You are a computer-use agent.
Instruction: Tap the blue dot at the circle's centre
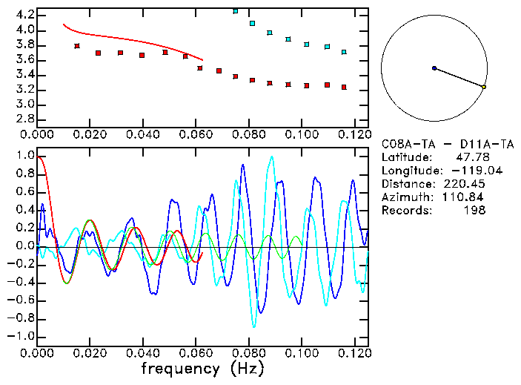(434, 68)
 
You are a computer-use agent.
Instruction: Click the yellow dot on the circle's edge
(484, 87)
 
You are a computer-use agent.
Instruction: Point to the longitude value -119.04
(461, 171)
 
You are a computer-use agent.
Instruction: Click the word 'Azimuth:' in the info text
(405, 197)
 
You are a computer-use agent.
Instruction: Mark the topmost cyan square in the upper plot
(236, 11)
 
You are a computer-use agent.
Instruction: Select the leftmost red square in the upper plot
(77, 46)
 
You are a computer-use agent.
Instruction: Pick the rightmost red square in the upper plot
(344, 87)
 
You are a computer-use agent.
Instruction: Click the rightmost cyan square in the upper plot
(344, 52)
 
